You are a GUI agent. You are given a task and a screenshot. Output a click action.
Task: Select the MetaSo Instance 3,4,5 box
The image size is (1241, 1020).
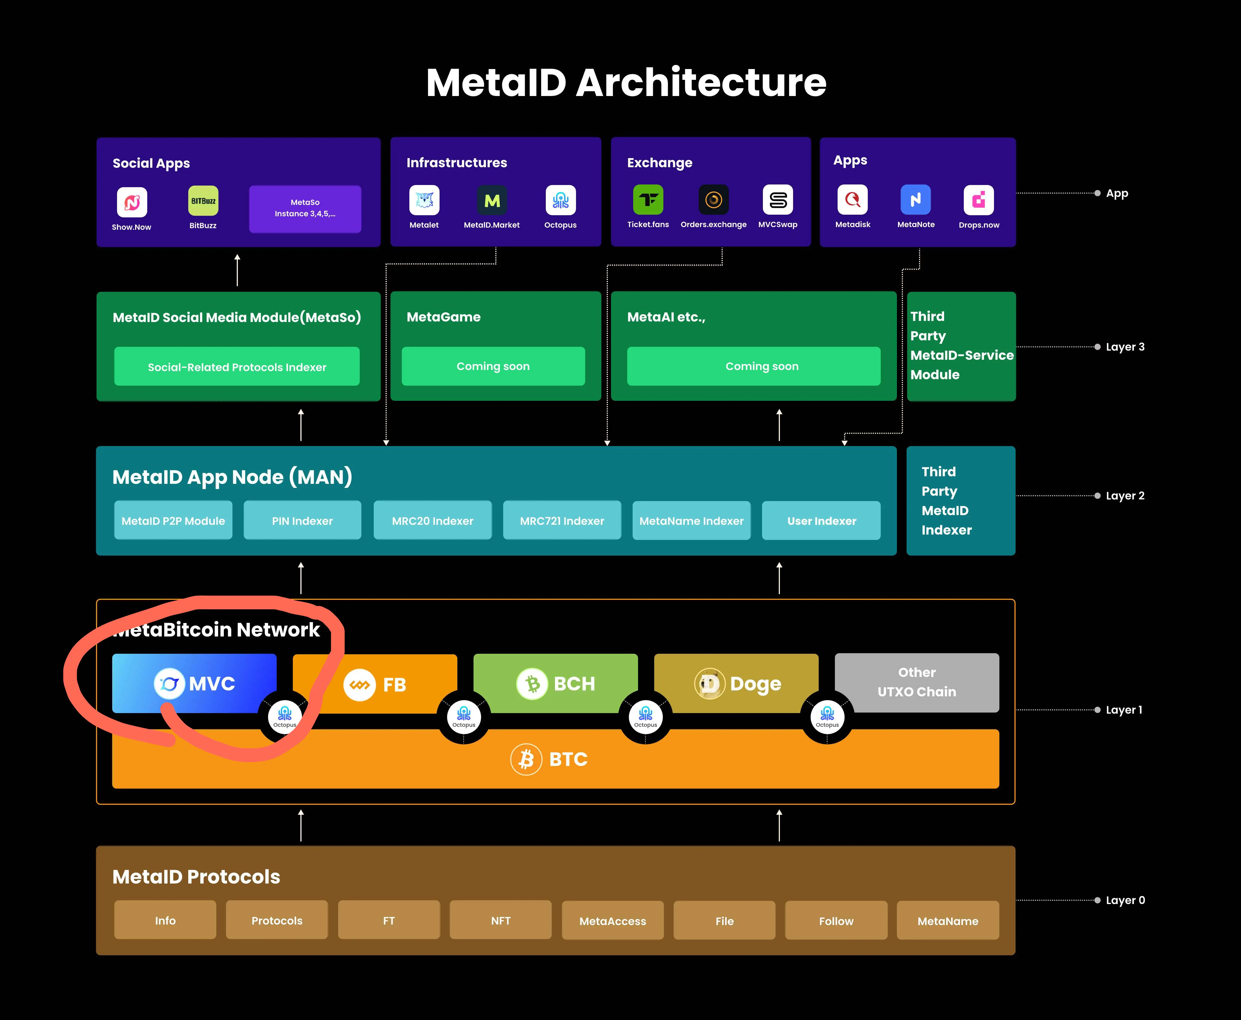[x=305, y=208]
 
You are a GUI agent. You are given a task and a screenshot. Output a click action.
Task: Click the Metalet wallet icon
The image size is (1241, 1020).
[x=424, y=200]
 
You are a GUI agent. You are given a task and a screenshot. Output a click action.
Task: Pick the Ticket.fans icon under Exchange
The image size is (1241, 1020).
[x=648, y=200]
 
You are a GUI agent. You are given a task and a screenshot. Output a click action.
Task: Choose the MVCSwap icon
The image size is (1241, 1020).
[x=778, y=200]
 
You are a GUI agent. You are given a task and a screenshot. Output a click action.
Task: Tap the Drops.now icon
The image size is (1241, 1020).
[x=978, y=200]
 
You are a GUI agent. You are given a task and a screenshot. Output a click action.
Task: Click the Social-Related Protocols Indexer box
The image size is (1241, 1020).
[x=237, y=367]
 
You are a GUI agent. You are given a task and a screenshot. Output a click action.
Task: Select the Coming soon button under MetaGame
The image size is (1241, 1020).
[x=493, y=366]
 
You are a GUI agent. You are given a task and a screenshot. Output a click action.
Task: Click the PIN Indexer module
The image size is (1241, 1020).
[x=302, y=521]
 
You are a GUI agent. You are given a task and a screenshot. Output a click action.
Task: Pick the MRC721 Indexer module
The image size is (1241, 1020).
[x=561, y=521]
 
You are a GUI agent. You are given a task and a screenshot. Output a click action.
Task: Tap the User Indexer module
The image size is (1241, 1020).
[x=821, y=521]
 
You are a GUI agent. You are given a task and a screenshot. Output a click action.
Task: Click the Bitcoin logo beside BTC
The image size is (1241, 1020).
[x=526, y=759]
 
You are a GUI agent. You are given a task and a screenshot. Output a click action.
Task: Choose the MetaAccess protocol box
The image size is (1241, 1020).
[x=613, y=921]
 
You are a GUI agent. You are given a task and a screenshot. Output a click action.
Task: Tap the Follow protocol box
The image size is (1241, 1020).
[x=836, y=921]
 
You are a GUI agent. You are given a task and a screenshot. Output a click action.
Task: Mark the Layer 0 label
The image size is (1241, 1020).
[x=1125, y=900]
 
